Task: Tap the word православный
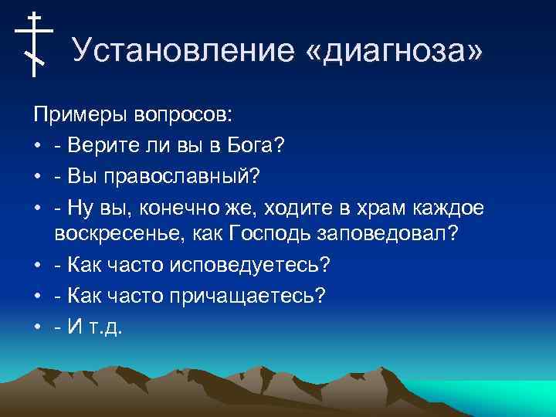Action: tap(186, 175)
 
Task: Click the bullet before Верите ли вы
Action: tap(37, 146)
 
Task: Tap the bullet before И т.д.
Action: tap(37, 327)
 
